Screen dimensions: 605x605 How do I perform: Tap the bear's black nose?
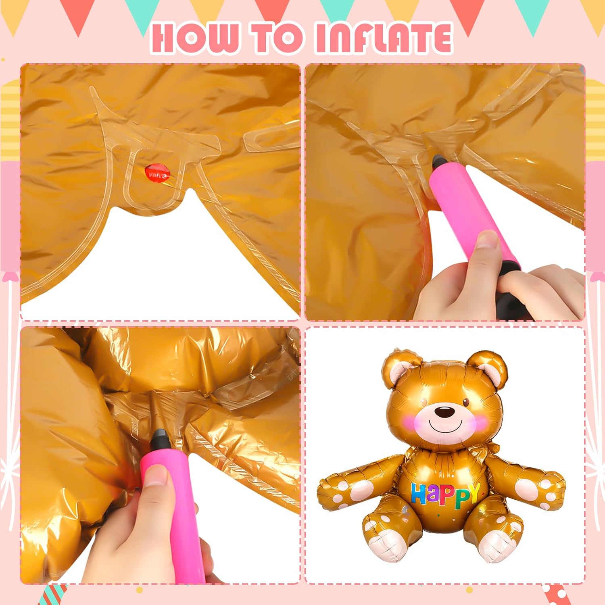(x=444, y=412)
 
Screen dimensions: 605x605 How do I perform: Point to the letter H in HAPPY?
(x=419, y=494)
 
